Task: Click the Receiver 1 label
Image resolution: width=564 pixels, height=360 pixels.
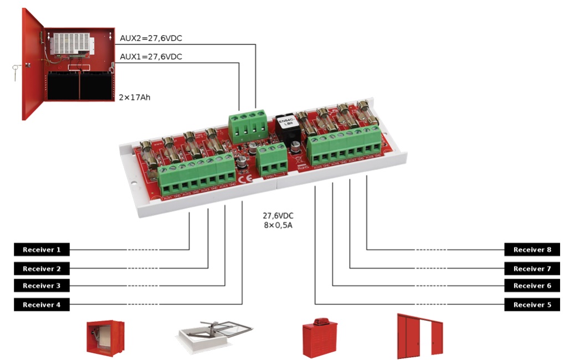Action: [x=42, y=250]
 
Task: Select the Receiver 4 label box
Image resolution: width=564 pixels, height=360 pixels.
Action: [x=42, y=305]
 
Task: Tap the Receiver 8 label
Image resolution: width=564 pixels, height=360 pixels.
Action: [x=532, y=250]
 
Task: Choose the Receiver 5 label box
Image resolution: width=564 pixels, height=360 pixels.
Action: [x=532, y=305]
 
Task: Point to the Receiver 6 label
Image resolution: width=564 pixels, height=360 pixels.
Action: [x=532, y=286]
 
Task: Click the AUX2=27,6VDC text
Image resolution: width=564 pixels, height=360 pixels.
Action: [x=151, y=38]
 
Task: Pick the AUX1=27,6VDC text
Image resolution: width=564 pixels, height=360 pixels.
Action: [x=151, y=56]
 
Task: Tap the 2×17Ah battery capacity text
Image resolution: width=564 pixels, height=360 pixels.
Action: [x=135, y=97]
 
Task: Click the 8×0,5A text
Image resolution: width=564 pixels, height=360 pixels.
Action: [x=278, y=225]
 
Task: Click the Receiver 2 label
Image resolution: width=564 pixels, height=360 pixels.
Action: [x=42, y=269]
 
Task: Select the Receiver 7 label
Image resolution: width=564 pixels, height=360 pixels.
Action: [x=532, y=269]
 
